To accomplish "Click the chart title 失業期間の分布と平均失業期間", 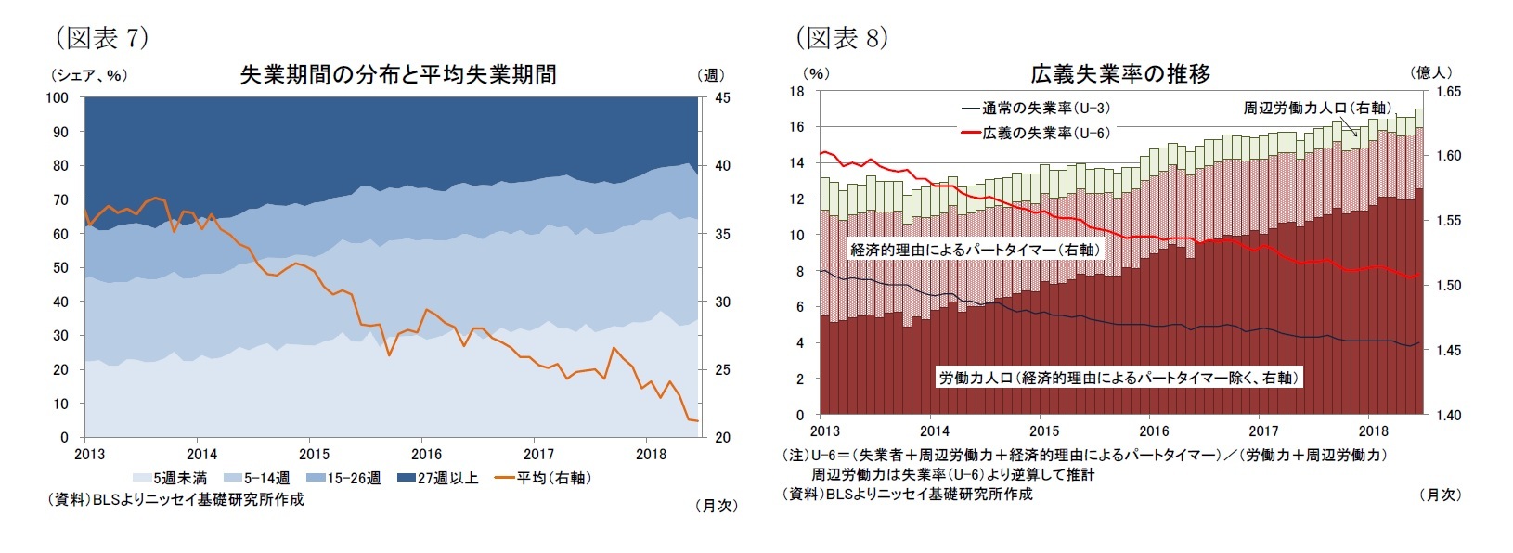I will [x=398, y=75].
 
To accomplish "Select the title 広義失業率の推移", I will [x=1120, y=74].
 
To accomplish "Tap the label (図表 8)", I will [x=842, y=38].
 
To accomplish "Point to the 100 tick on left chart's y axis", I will [x=58, y=98].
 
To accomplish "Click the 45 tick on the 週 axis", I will [x=721, y=98].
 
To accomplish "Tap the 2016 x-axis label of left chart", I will [x=426, y=454].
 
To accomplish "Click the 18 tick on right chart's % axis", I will [x=796, y=91].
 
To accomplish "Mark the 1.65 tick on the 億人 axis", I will [x=1448, y=92].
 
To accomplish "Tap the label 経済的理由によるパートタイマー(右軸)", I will [x=975, y=250].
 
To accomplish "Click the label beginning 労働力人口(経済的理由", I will [x=1118, y=378].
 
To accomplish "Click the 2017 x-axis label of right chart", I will [x=1263, y=431].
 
